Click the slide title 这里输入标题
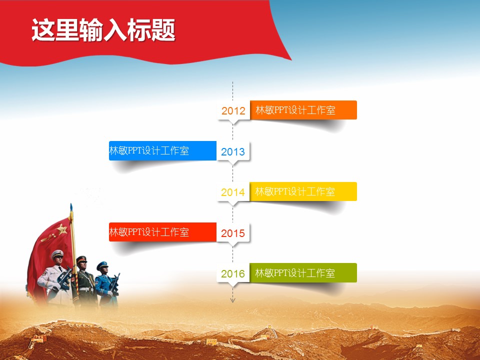[103, 29]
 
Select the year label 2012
[233, 110]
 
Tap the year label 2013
[233, 151]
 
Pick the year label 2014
[233, 192]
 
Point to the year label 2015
[233, 233]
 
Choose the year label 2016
[233, 273]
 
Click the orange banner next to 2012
[303, 110]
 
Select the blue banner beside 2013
[162, 150]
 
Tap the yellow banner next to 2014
[303, 191]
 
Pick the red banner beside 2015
[162, 232]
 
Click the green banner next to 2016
[303, 273]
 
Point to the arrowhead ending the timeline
[232, 300]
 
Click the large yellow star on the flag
[62, 228]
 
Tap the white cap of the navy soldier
[57, 254]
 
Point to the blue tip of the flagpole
[71, 207]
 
